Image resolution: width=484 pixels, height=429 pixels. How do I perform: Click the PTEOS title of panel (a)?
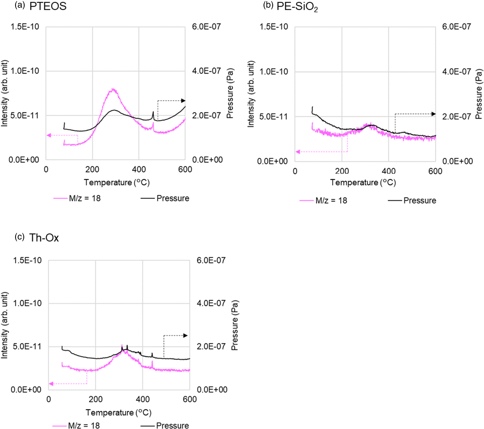tap(48, 6)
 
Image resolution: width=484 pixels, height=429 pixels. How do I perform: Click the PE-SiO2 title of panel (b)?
tap(297, 7)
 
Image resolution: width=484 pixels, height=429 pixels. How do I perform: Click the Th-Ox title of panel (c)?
tap(44, 238)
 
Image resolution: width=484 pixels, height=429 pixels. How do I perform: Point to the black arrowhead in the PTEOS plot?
tap(183, 101)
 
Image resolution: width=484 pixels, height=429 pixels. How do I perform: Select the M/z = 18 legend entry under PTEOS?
tap(77, 198)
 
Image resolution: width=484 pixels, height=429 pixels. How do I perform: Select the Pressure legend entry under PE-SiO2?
tap(412, 200)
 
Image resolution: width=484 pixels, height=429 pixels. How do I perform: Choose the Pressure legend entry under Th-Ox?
tap(165, 425)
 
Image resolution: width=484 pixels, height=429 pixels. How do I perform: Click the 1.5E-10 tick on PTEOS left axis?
tap(24, 27)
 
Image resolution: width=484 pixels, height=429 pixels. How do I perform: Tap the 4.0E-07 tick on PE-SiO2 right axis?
tap(456, 71)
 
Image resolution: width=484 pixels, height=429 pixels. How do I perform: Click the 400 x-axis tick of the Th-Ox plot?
tap(143, 399)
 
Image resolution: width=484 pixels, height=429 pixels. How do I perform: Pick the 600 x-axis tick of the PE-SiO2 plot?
tap(435, 171)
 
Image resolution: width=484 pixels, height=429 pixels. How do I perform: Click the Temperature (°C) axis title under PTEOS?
tap(117, 182)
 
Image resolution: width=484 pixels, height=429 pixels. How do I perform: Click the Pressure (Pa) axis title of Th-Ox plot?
tap(235, 325)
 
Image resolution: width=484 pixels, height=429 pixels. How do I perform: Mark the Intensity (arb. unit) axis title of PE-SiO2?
tap(251, 94)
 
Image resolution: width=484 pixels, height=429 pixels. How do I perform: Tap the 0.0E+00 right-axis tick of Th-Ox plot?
tap(212, 389)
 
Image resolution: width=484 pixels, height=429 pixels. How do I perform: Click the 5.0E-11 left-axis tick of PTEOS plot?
tap(24, 115)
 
